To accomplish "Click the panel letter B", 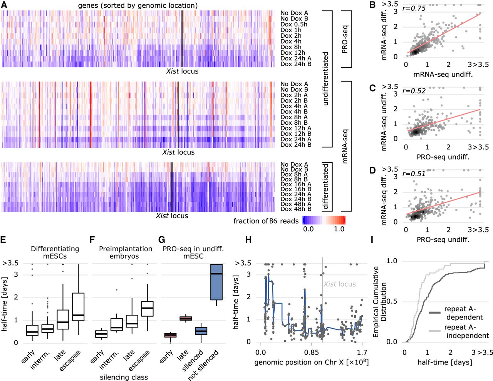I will click(372, 5).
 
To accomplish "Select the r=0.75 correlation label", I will click(414, 8).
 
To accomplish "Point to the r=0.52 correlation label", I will click(414, 91).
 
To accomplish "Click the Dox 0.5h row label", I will click(294, 24).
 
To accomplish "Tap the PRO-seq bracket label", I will click(345, 39).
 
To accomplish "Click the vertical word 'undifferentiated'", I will click(325, 79).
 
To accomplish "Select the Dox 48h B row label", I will click(296, 209).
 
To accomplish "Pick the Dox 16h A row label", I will click(296, 184).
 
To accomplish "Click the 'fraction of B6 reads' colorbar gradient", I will click(324, 220).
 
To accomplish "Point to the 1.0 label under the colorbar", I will click(339, 229).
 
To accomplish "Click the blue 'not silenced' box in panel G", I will click(216, 282).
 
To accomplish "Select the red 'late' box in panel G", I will click(186, 318).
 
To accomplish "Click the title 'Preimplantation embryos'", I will click(124, 252).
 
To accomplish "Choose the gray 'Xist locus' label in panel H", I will click(339, 284).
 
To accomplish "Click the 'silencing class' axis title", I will click(124, 377).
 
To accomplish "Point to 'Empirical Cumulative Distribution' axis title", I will click(380, 301).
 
